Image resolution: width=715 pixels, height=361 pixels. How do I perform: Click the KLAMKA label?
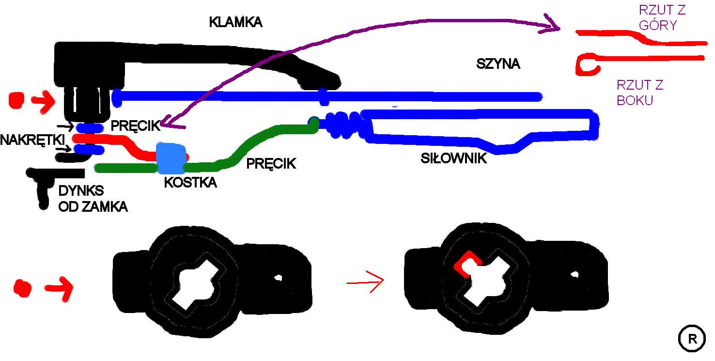[x=235, y=22]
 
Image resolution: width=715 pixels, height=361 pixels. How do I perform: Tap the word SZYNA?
[x=498, y=64]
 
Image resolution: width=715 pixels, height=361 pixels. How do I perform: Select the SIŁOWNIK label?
[x=453, y=158]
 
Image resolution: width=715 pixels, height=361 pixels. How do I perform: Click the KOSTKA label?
[x=190, y=183]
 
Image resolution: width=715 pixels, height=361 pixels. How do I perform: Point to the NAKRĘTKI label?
[x=32, y=140]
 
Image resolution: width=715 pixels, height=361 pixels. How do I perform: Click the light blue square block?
[x=171, y=158]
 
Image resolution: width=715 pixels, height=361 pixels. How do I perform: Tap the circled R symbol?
[x=692, y=339]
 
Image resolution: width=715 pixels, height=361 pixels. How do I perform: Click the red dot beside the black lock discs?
[x=22, y=288]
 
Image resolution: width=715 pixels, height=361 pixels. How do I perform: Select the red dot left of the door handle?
[x=16, y=100]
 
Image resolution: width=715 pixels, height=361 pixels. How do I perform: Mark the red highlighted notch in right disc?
[x=466, y=264]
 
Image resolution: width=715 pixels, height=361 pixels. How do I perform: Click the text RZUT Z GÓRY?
[x=662, y=17]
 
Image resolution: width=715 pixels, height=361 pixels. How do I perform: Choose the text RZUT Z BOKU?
[x=639, y=93]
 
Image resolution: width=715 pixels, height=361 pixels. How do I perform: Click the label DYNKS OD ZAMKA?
[x=93, y=199]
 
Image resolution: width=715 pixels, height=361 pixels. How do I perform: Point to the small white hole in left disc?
[x=279, y=278]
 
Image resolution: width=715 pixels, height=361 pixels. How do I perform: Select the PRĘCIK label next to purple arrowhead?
[x=135, y=126]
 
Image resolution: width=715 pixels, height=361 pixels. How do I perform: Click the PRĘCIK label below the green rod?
[x=271, y=163]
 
